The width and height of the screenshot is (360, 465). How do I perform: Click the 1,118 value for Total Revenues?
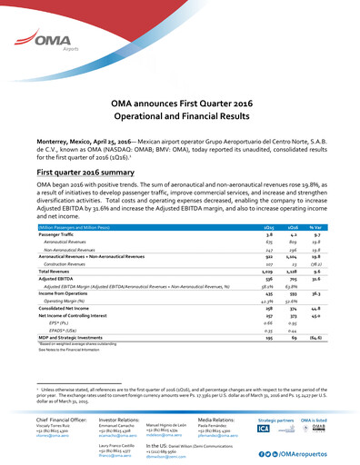pyautogui.click(x=305, y=272)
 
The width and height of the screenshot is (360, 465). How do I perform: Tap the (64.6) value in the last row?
pyautogui.click(x=335, y=338)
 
